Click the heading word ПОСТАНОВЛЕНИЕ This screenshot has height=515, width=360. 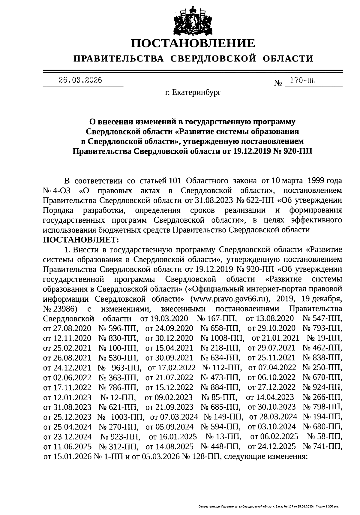[x=193, y=44]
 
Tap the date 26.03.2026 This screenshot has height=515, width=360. [x=80, y=80]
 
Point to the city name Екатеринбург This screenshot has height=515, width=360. [x=197, y=93]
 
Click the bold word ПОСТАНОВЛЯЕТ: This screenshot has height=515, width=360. [x=81, y=240]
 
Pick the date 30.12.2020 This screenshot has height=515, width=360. [x=174, y=338]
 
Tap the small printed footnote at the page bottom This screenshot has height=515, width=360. [x=269, y=506]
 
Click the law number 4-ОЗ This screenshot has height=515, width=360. [x=62, y=191]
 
